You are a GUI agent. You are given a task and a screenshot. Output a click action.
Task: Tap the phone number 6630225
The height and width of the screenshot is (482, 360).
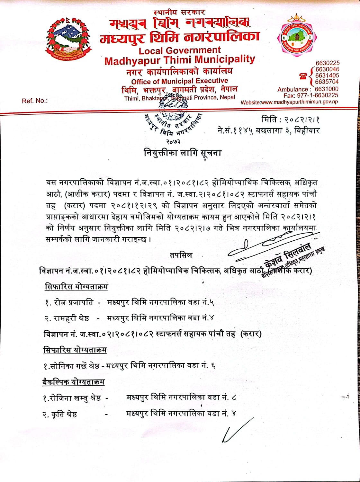(x=328, y=63)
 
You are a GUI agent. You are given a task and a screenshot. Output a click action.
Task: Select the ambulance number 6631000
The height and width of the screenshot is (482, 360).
(x=326, y=89)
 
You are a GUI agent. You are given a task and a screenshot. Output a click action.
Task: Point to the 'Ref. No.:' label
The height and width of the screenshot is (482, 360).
(x=35, y=101)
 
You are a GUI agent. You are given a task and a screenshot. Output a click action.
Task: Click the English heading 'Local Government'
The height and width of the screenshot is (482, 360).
(x=180, y=50)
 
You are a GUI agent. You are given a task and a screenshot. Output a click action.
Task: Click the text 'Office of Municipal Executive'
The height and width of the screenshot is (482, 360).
(x=179, y=81)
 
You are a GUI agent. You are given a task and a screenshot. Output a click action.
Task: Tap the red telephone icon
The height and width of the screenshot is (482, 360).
(x=303, y=76)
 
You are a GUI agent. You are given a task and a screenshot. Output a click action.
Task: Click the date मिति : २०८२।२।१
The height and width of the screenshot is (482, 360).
(x=291, y=120)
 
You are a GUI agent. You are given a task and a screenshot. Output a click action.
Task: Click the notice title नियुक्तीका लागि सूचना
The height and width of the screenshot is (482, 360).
(x=182, y=153)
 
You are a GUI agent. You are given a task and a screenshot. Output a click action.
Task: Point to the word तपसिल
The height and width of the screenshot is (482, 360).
(x=181, y=255)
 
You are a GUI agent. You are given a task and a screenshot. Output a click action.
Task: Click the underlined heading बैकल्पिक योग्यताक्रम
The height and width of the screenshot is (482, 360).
(x=74, y=382)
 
